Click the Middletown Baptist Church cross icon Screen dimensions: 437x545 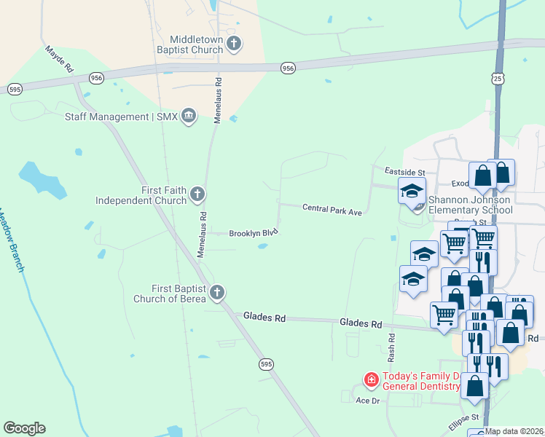[234, 44]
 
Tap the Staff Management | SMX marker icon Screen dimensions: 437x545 [189, 117]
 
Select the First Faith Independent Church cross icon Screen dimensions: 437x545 [197, 194]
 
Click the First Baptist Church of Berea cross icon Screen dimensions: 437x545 [216, 294]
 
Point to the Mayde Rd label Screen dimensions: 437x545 [60, 59]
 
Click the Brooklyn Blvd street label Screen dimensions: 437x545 [254, 233]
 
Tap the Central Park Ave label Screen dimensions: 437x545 [332, 210]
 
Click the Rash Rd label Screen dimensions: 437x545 [391, 347]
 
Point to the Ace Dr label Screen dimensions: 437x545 [368, 401]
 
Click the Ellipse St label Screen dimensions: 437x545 [463, 423]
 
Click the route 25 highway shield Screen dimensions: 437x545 [497, 77]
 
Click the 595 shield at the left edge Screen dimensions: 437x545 [15, 89]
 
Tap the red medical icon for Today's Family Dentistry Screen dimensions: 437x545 [371, 380]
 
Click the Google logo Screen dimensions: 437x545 [24, 428]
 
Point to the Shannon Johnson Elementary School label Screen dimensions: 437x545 [471, 205]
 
